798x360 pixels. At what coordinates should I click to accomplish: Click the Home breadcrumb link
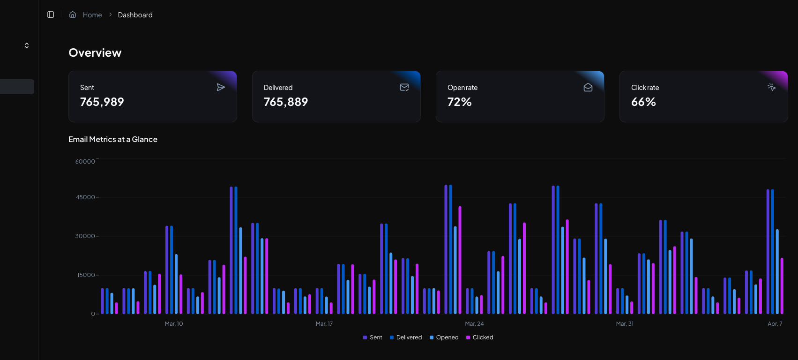92,15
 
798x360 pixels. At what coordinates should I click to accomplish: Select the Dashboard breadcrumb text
135,15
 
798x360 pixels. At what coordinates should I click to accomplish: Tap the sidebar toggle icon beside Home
51,15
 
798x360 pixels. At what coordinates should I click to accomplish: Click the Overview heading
95,53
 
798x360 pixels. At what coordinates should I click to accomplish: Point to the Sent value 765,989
102,102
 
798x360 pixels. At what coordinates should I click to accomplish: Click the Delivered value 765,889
286,102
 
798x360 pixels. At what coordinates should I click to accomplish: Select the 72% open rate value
460,102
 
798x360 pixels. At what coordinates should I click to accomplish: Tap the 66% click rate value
643,102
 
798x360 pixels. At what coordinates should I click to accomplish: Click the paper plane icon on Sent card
221,87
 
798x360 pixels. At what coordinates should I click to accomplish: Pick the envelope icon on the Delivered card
404,87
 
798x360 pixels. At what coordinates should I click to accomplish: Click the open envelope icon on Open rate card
588,87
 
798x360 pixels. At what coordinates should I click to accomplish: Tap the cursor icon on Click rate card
772,87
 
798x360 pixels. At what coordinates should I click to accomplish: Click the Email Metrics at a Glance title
113,140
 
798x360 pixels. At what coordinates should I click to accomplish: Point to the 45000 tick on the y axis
85,197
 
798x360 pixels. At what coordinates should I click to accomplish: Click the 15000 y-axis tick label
86,275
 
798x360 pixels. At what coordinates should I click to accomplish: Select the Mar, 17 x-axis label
324,324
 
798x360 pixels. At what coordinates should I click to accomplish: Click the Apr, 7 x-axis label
775,324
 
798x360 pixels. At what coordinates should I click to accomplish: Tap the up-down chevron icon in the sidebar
27,45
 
